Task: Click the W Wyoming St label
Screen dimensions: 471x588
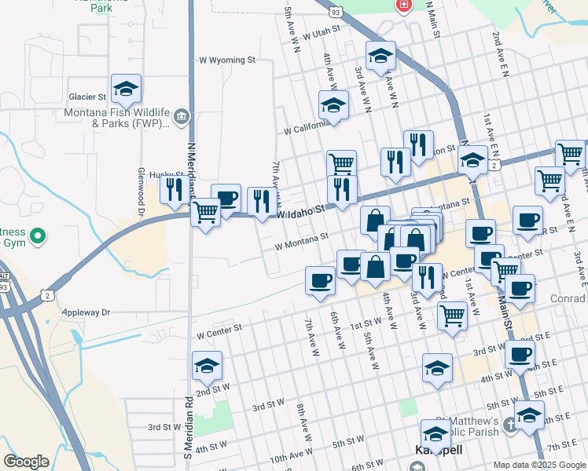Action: [x=227, y=60]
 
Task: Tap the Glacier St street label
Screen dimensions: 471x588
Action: [x=86, y=97]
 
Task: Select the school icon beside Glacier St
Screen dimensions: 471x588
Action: [x=126, y=91]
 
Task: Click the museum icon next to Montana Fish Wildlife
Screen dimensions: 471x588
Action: [x=182, y=117]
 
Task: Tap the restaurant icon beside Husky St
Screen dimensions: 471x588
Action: [x=175, y=188]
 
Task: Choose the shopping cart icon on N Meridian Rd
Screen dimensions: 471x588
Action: [x=206, y=212]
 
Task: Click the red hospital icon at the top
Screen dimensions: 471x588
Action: [x=404, y=6]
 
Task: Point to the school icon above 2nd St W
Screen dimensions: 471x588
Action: [x=207, y=367]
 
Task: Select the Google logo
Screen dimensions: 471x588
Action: [x=26, y=462]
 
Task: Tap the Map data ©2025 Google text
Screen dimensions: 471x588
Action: [x=538, y=465]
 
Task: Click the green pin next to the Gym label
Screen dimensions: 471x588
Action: [x=37, y=235]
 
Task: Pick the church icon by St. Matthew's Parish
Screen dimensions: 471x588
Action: [x=510, y=425]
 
